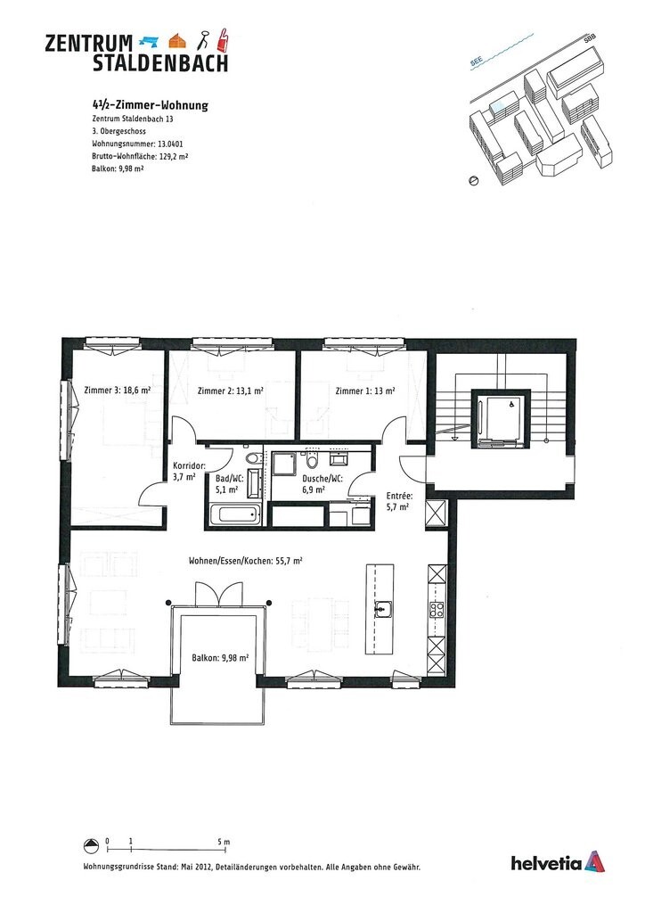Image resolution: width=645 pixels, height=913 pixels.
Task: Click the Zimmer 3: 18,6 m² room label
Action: tap(117, 391)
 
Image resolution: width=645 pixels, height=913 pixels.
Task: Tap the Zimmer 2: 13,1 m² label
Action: tap(230, 391)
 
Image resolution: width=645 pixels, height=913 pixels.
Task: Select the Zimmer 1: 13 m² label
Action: tap(365, 391)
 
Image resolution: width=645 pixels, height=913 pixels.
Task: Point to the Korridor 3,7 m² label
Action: tap(190, 472)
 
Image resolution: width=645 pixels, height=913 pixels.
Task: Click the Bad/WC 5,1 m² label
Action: tap(229, 483)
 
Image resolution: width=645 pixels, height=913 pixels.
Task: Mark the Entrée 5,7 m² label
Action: tap(398, 501)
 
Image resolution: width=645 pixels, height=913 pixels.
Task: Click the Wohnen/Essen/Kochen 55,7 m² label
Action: tap(245, 561)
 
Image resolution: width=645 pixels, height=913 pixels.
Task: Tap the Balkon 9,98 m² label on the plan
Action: tap(219, 658)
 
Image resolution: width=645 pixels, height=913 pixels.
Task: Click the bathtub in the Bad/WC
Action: tap(233, 514)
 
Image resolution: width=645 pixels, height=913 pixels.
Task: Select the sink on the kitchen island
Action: tap(383, 610)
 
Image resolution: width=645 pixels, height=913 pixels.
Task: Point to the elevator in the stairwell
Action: tap(500, 416)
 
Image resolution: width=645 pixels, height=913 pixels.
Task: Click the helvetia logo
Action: tap(558, 862)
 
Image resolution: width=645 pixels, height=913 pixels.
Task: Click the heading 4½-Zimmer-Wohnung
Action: tap(150, 105)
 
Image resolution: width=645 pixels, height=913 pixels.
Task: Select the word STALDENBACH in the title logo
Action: tap(160, 62)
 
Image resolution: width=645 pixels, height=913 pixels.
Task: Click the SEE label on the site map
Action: tap(477, 62)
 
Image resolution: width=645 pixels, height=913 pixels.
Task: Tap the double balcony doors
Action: tap(217, 593)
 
